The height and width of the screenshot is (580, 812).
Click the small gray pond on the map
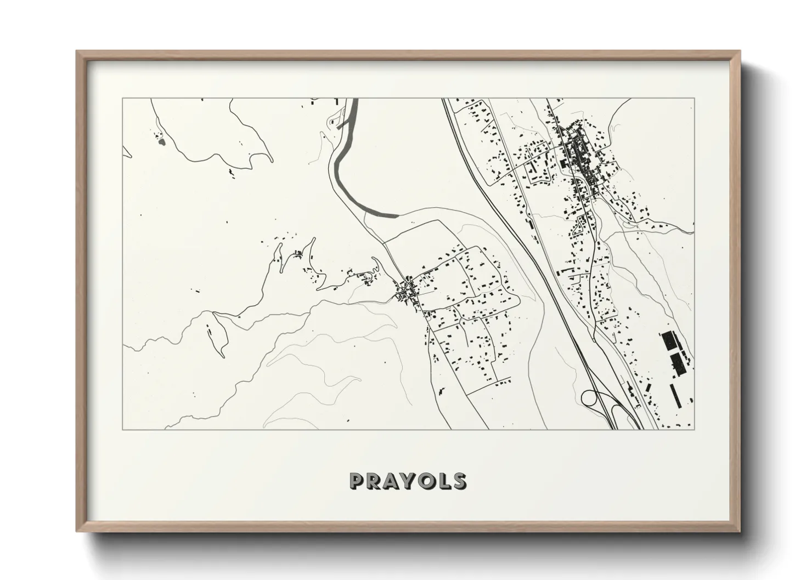click(x=161, y=142)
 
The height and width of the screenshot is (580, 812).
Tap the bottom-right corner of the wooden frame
click(x=741, y=532)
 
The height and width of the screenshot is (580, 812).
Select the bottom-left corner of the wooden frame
click(x=77, y=532)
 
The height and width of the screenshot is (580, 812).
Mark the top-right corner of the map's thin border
click(x=694, y=98)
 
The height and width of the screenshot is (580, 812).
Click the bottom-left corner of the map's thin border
click(x=123, y=429)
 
